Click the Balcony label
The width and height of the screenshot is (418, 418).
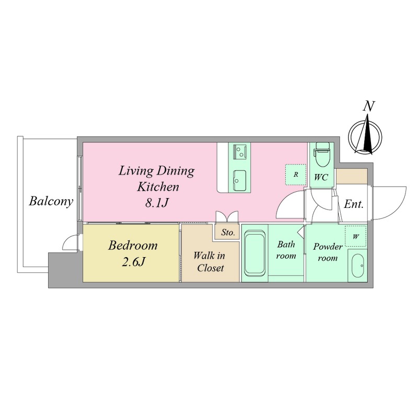[x=51, y=202]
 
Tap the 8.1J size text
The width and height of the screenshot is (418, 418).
[x=157, y=203]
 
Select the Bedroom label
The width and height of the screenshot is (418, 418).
[x=133, y=246]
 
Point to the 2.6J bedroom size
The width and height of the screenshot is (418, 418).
[x=133, y=262]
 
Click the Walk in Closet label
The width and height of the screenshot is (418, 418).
[x=210, y=262]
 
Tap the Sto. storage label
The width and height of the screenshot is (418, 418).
[x=228, y=233]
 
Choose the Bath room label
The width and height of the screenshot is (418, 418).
[x=286, y=250]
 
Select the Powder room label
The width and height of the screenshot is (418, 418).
[x=328, y=252]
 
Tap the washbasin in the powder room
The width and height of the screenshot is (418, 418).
[x=357, y=266]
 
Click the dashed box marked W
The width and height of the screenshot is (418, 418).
[x=356, y=236]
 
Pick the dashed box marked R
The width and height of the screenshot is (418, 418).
[x=296, y=175]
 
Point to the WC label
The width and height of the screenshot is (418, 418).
[x=321, y=177]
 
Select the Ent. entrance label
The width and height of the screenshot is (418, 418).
[x=354, y=204]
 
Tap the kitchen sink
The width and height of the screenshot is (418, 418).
[x=239, y=180]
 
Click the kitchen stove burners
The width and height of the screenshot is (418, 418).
[x=239, y=152]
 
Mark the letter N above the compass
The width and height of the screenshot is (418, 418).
[x=369, y=106]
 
